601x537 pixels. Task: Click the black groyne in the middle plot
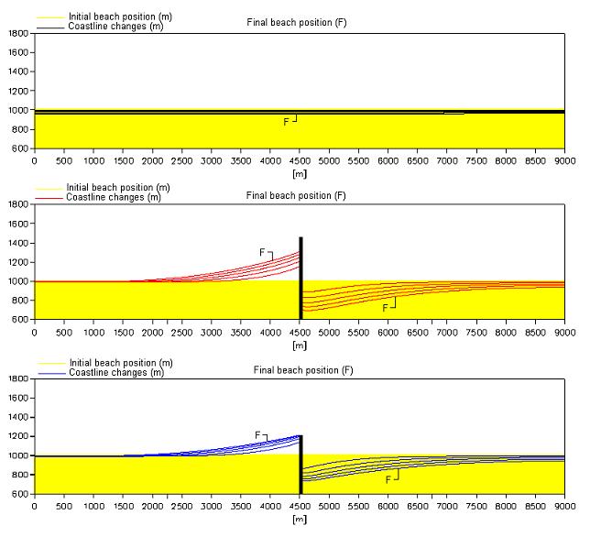[300, 275]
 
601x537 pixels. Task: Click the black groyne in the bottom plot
[300, 463]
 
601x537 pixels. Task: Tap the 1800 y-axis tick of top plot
[18, 33]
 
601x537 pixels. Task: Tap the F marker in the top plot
[287, 121]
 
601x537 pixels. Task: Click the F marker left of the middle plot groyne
[263, 252]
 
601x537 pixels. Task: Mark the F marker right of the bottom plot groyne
[388, 479]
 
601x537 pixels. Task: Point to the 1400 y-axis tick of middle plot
[18, 243]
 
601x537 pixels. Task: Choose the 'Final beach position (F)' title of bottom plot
[302, 370]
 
